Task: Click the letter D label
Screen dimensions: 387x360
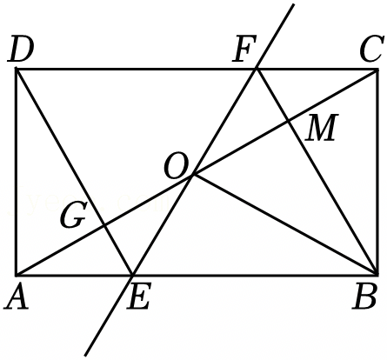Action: pos(21,50)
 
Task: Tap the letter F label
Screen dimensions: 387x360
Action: pos(244,50)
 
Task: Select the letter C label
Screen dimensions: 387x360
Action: pos(370,50)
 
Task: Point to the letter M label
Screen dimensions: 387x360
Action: pos(322,128)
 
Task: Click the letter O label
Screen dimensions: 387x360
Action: pos(176,166)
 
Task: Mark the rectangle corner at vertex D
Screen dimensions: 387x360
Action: pos(17,69)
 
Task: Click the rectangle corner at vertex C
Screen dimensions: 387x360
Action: pos(377,70)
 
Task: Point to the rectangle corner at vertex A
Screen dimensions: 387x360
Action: pos(17,274)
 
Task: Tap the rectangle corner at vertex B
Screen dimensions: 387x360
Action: pos(377,274)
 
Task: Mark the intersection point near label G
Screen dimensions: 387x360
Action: pos(104,224)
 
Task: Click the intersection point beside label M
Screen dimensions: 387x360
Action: pos(289,120)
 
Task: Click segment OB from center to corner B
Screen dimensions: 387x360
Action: pos(285,224)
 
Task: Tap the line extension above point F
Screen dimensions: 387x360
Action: pos(275,37)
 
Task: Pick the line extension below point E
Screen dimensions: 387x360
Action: pos(109,315)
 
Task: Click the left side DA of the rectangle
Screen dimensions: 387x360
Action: pos(17,171)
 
